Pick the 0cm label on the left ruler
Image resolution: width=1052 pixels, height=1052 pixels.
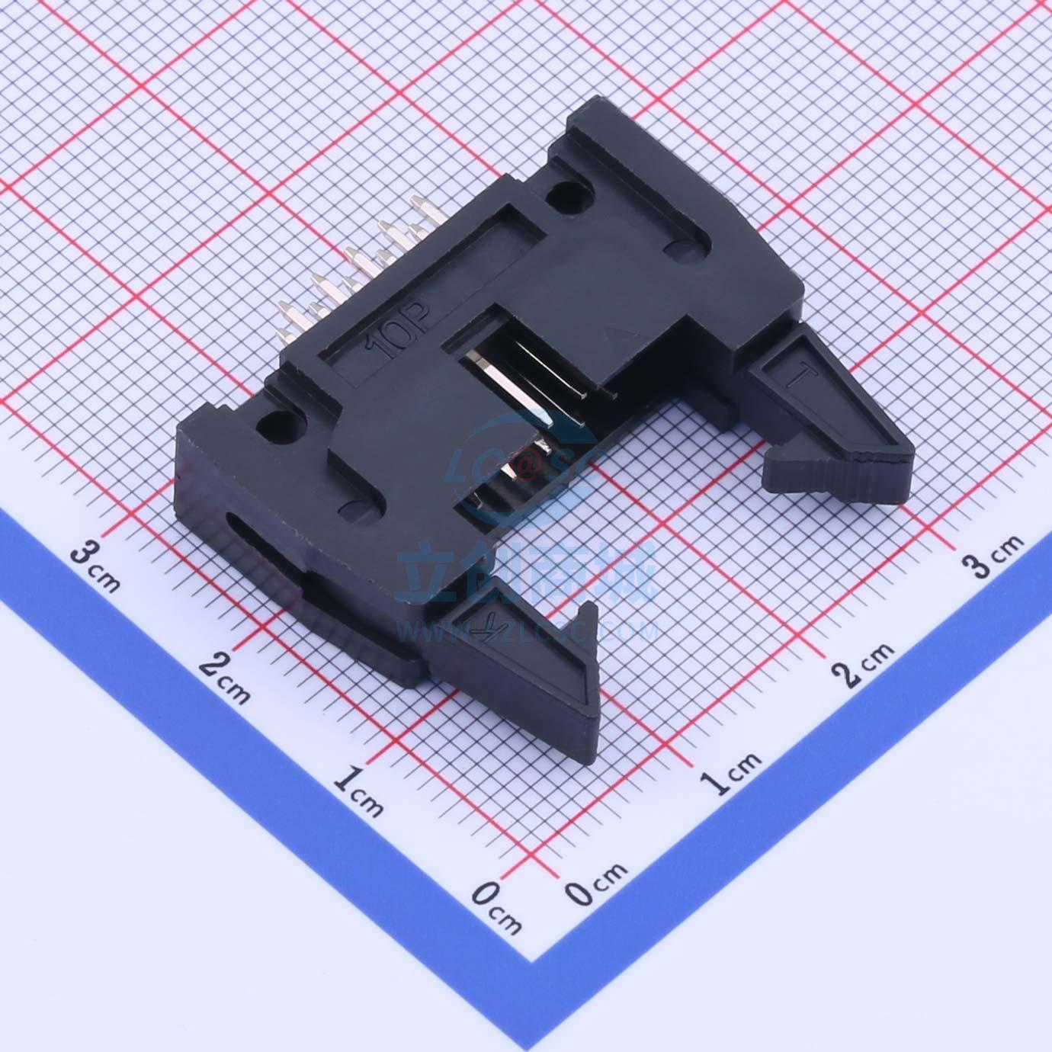(496, 907)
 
